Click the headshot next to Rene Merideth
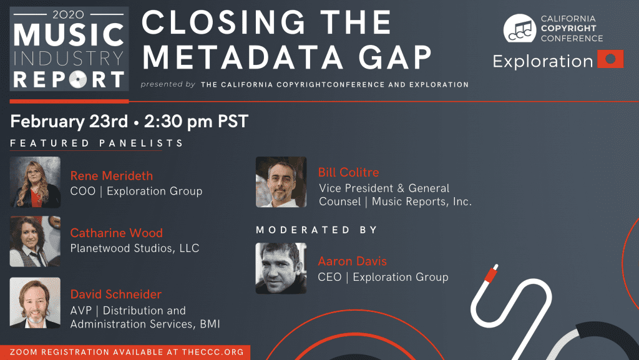tap(35, 182)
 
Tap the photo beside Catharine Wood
tap(35, 241)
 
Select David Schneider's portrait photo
tap(35, 303)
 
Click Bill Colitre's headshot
tap(281, 182)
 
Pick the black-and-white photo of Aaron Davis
tap(281, 268)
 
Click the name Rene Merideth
tap(112, 176)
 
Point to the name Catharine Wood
tap(117, 233)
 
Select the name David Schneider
tap(115, 294)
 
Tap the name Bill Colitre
tap(348, 172)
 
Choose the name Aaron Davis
tap(352, 261)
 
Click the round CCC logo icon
tap(520, 29)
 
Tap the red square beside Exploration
tap(610, 59)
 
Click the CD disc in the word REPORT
tap(78, 79)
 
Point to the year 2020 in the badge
tap(69, 14)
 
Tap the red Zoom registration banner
tap(125, 353)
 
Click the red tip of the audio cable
tap(491, 273)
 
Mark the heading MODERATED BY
tap(316, 230)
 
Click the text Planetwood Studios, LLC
tap(135, 248)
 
